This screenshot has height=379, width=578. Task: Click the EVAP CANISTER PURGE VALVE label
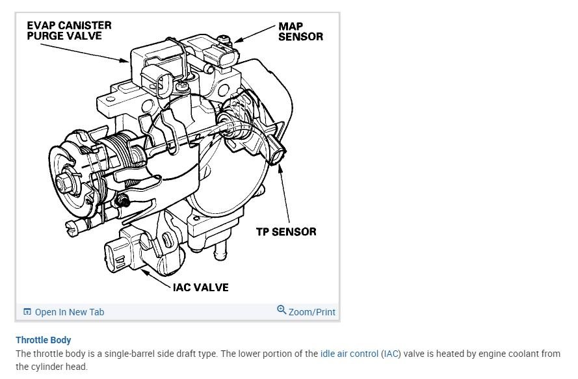[x=69, y=31]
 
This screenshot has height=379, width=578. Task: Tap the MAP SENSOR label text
[x=300, y=31]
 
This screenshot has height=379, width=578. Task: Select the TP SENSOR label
[x=286, y=231]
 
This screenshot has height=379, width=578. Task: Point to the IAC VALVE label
[x=200, y=287]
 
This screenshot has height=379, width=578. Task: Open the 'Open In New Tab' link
[x=70, y=312]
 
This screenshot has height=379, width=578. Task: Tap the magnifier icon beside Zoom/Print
[x=282, y=310]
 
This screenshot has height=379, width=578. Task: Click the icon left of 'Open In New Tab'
[x=27, y=312]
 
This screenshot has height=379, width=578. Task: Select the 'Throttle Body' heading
[x=44, y=340]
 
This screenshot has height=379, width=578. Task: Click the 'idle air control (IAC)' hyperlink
[x=360, y=354]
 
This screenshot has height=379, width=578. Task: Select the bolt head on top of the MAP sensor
[x=224, y=39]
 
